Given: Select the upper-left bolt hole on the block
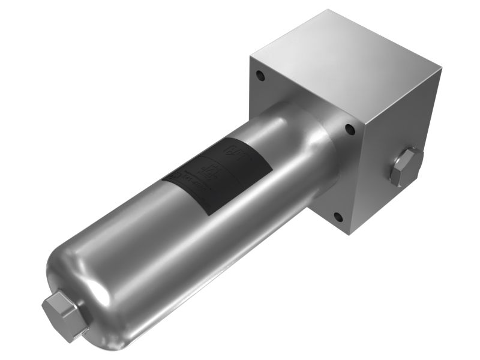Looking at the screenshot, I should click(260, 76).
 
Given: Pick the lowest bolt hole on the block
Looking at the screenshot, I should click(338, 217).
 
